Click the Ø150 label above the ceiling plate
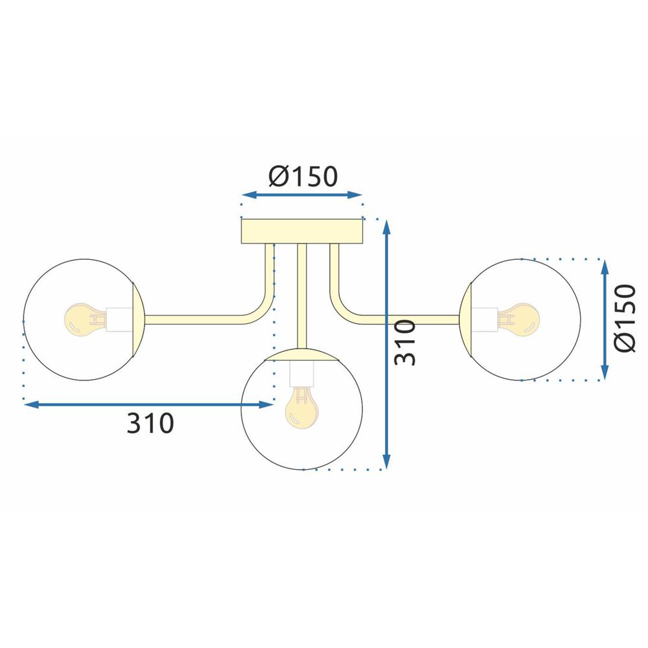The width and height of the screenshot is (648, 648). click(x=301, y=176)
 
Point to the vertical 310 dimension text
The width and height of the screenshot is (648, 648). click(x=406, y=341)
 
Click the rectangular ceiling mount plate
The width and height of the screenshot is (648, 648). click(x=302, y=231)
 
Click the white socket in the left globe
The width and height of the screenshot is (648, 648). click(x=119, y=319)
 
